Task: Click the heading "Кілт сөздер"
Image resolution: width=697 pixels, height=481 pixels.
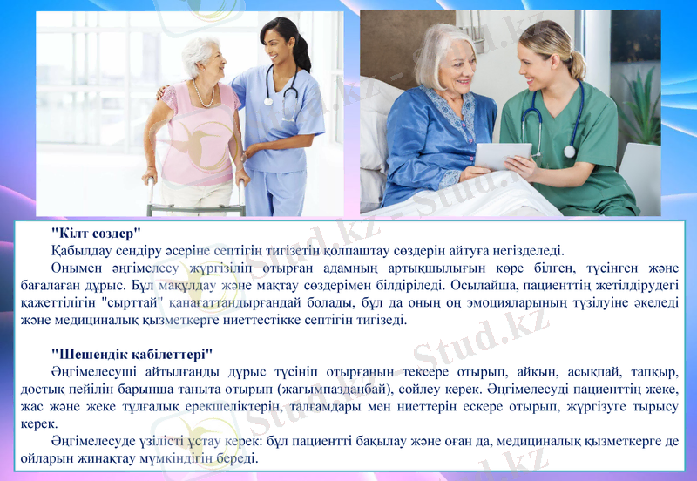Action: click(x=96, y=233)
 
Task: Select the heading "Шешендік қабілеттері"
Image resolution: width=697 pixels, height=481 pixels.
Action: click(x=132, y=354)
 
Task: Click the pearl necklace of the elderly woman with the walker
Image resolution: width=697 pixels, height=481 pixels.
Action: click(x=206, y=95)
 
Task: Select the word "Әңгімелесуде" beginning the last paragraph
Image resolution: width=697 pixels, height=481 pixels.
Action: click(x=93, y=440)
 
